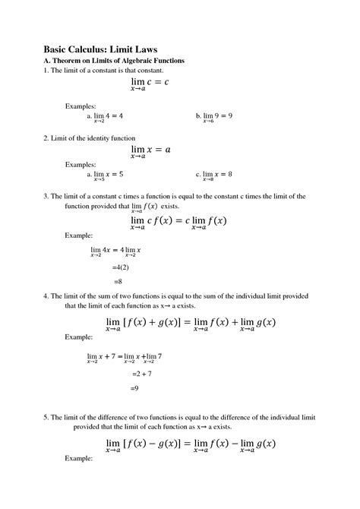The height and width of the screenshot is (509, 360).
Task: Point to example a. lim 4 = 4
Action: pos(106,117)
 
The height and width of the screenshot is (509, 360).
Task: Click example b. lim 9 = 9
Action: pos(214,117)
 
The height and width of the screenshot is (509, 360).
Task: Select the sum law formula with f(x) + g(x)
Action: pos(190,324)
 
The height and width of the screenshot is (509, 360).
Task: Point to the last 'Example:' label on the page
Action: pos(79,459)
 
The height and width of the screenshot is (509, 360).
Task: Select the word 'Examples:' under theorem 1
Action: pos(81,105)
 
